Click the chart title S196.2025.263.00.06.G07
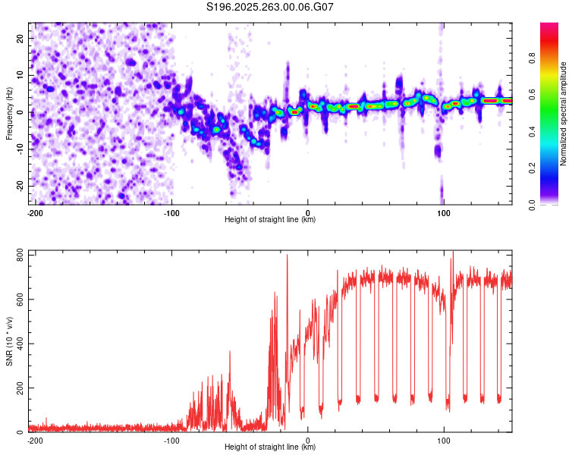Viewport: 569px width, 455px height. pyautogui.click(x=270, y=8)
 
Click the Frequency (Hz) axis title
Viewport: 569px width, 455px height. pyautogui.click(x=9, y=113)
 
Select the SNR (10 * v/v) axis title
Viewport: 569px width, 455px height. pyautogui.click(x=9, y=340)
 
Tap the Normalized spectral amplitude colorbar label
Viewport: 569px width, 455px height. pyautogui.click(x=564, y=114)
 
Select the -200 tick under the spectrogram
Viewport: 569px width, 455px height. pyautogui.click(x=35, y=212)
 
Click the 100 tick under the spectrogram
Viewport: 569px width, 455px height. pyautogui.click(x=444, y=212)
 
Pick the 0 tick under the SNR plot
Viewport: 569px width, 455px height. pyautogui.click(x=308, y=440)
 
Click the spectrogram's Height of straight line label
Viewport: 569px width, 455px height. pyautogui.click(x=270, y=219)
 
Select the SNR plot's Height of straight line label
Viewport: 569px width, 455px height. pyautogui.click(x=270, y=447)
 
